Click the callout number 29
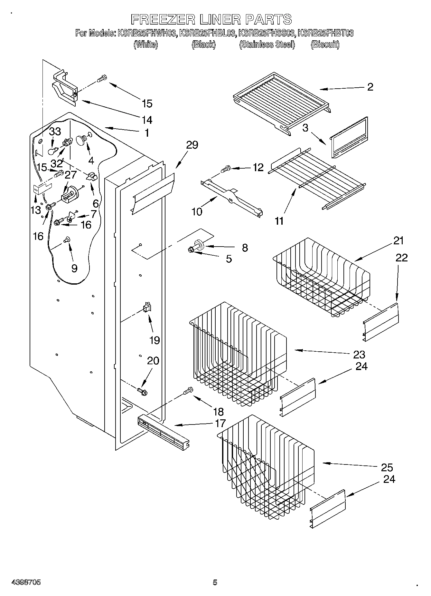192,145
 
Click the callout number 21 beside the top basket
398,240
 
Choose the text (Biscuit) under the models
325,44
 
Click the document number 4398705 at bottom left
26,582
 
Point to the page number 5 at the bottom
215,582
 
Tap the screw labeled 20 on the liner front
142,391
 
